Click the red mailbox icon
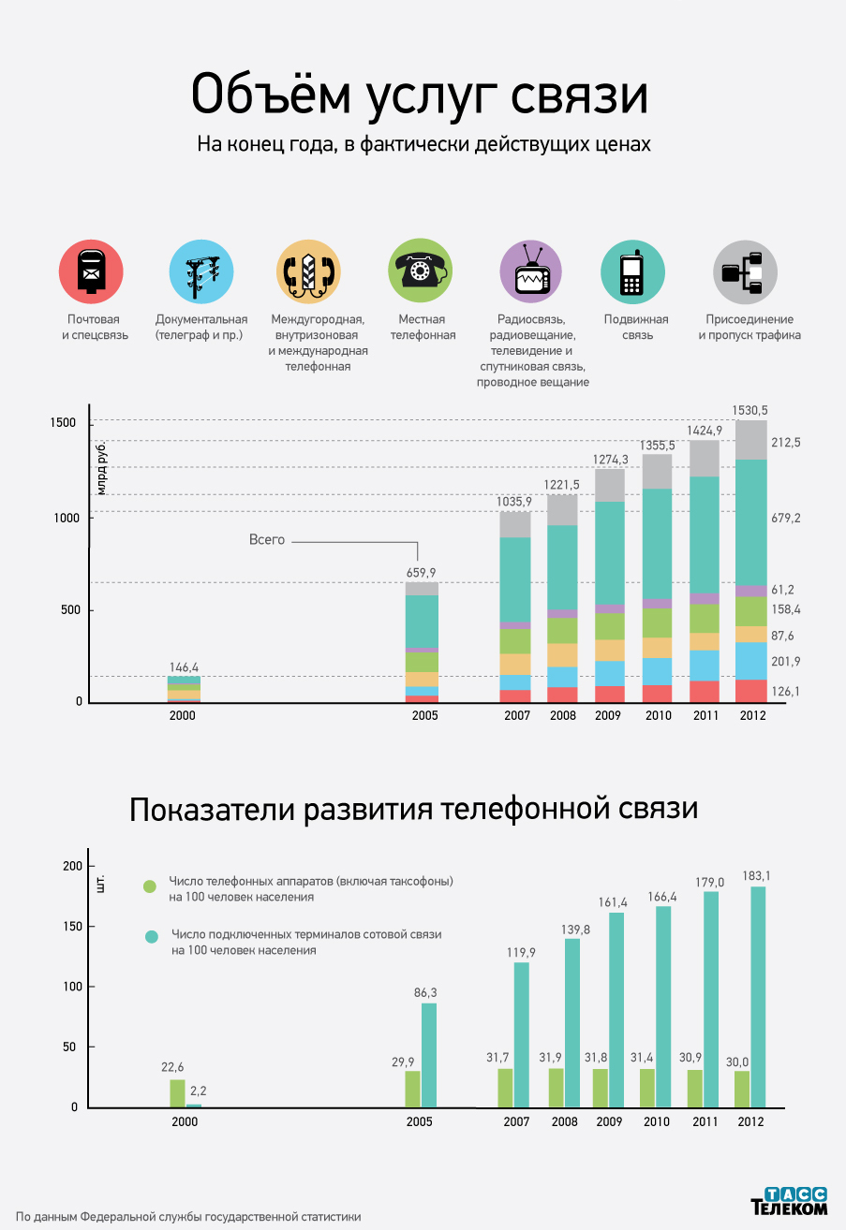click(x=91, y=271)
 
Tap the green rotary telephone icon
click(x=420, y=271)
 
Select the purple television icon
click(x=531, y=271)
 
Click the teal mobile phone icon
click(x=632, y=271)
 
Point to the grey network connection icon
click(x=745, y=271)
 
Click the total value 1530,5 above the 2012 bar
click(x=750, y=410)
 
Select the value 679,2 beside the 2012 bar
click(x=786, y=518)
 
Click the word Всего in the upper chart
click(x=266, y=540)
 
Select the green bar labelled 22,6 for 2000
click(x=177, y=1093)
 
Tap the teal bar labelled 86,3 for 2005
click(x=428, y=1055)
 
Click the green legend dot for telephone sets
click(x=149, y=886)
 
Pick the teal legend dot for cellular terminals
click(x=151, y=937)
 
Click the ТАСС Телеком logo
click(x=789, y=1201)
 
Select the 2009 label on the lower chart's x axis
click(x=610, y=1122)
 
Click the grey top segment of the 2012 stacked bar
click(x=750, y=440)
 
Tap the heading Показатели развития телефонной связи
click(x=413, y=809)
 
